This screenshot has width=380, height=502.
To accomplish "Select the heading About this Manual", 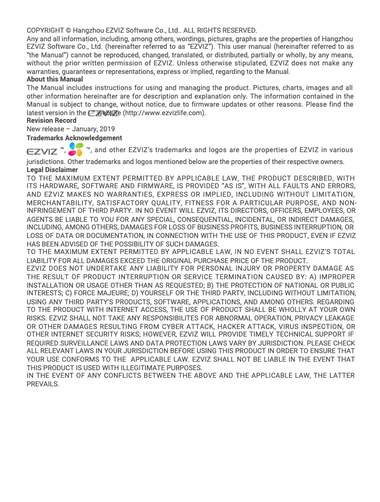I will [x=54, y=79].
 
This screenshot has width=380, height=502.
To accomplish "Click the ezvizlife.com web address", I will [x=164, y=113].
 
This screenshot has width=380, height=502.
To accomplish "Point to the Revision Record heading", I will [x=51, y=120].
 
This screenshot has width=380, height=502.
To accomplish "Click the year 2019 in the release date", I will [x=107, y=129].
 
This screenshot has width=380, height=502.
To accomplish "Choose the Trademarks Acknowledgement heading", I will [x=74, y=138].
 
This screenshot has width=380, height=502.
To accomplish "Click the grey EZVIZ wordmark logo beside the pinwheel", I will [x=42, y=151].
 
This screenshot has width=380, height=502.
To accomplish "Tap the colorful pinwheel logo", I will [x=76, y=150].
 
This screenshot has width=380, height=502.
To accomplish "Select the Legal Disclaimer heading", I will [x=52, y=170].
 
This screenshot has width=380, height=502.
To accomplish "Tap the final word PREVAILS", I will [x=43, y=384].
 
